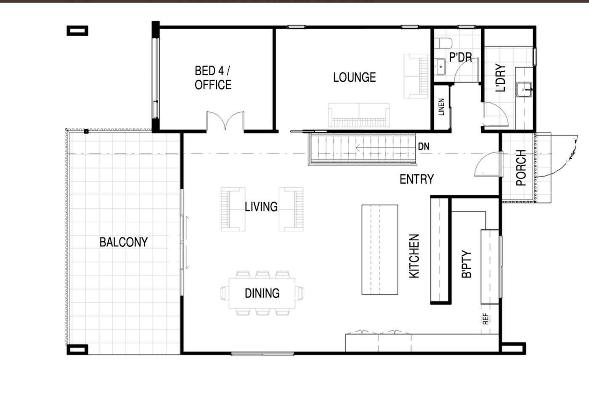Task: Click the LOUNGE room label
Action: pyautogui.click(x=354, y=77)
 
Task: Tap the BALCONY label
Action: pyautogui.click(x=124, y=242)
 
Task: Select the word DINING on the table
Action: pyautogui.click(x=262, y=293)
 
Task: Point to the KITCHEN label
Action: pyautogui.click(x=414, y=256)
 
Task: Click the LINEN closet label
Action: pyautogui.click(x=441, y=107)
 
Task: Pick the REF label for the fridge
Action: pyautogui.click(x=486, y=319)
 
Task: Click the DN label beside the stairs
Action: pyautogui.click(x=424, y=147)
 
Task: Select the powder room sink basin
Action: pyautogui.click(x=441, y=67)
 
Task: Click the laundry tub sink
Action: pyautogui.click(x=524, y=89)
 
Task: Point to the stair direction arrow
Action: pyautogui.click(x=384, y=148)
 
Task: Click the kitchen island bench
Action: pyautogui.click(x=379, y=250)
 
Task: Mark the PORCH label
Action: pyautogui.click(x=521, y=168)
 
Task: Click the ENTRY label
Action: pyautogui.click(x=417, y=179)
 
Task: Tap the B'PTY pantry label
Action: pyautogui.click(x=467, y=264)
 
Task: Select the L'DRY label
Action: pyautogui.click(x=500, y=77)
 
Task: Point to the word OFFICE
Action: pyautogui.click(x=213, y=85)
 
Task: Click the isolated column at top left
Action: pyautogui.click(x=77, y=31)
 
